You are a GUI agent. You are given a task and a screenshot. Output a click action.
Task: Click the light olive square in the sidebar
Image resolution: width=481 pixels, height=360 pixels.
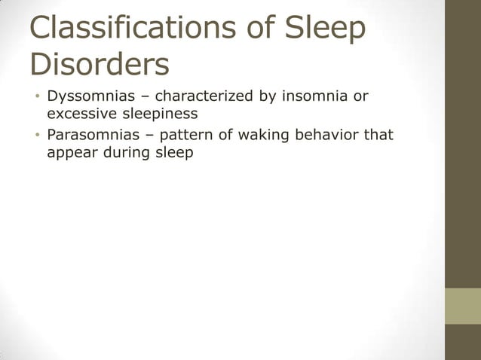click(462, 306)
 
